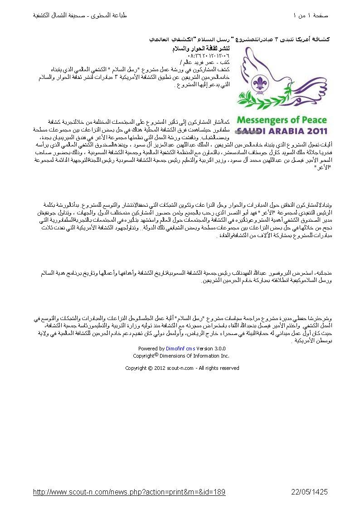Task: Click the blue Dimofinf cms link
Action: pyautogui.click(x=180, y=349)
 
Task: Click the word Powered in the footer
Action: pyautogui.click(x=148, y=349)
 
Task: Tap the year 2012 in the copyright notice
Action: pyautogui.click(x=161, y=368)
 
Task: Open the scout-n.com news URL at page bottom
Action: pyautogui.click(x=129, y=492)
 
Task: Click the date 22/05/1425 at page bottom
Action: pyautogui.click(x=309, y=492)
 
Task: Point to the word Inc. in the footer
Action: pyautogui.click(x=225, y=356)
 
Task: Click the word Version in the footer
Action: pyautogui.click(x=204, y=349)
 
